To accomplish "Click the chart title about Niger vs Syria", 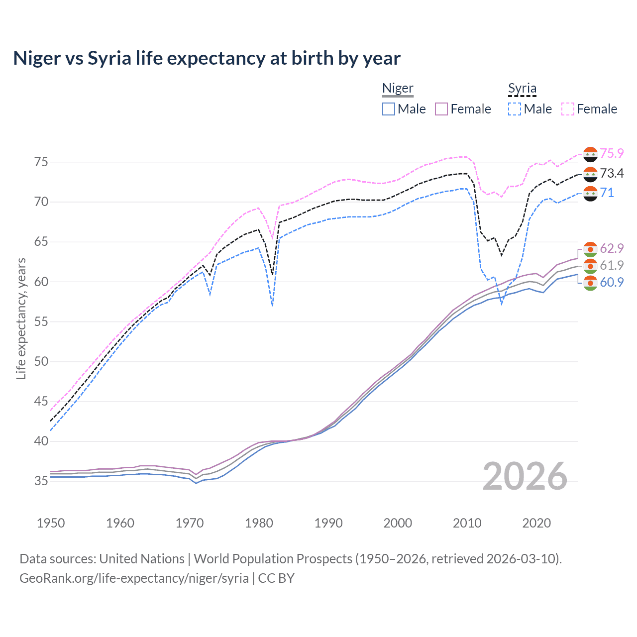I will click(207, 58).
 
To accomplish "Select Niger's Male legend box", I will click(389, 109).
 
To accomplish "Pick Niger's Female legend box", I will click(442, 109).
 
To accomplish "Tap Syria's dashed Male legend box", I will click(515, 109).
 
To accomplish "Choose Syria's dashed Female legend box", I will click(568, 109).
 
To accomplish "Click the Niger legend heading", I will click(398, 88).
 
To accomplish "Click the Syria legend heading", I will click(522, 88).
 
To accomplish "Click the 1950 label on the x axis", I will click(51, 523).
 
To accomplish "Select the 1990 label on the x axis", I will click(328, 523).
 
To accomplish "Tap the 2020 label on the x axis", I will click(536, 523).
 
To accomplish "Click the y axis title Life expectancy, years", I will click(21, 318).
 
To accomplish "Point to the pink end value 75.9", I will click(612, 153).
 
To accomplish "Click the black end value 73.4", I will click(612, 173).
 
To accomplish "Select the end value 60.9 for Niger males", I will click(612, 282).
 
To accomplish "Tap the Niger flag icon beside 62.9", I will click(590, 249).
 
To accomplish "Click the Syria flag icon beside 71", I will click(590, 193).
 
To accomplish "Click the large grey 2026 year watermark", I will click(525, 476).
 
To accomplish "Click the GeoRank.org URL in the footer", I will click(134, 578).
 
